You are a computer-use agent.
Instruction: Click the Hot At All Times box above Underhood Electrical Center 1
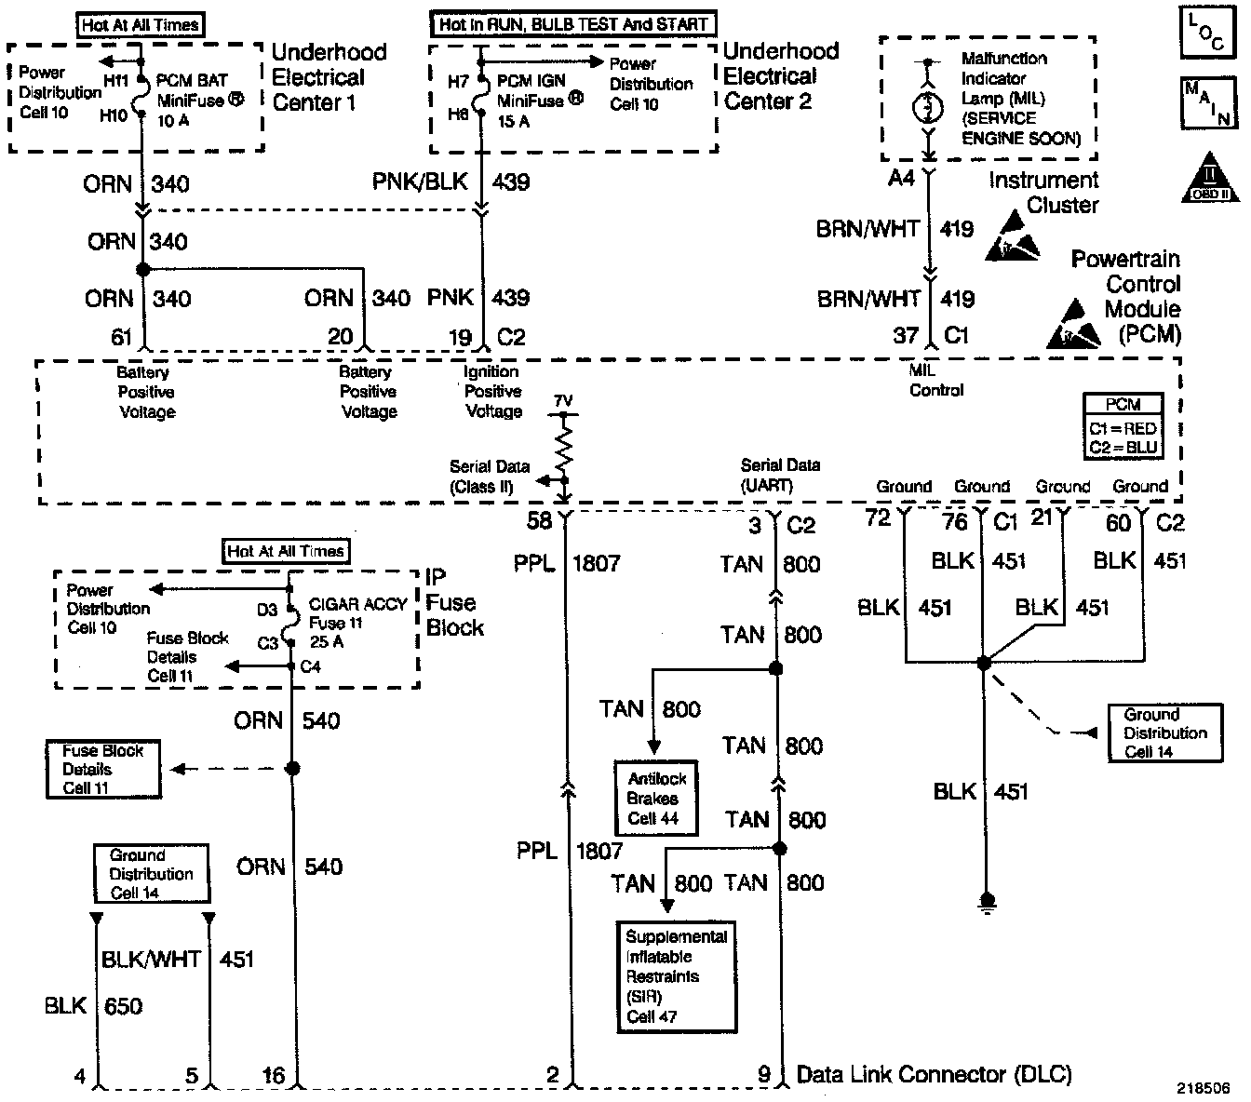[140, 25]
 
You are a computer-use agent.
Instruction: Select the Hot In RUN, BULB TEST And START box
[572, 24]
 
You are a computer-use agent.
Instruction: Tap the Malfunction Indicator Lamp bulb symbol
[927, 106]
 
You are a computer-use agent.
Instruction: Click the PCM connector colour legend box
[1123, 426]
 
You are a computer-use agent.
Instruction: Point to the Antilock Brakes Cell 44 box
[655, 799]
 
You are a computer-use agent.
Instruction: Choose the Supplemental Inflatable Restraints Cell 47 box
[675, 976]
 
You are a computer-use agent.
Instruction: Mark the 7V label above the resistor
[563, 401]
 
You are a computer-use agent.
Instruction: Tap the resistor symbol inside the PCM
[564, 445]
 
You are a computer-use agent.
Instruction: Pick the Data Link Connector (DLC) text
[934, 1074]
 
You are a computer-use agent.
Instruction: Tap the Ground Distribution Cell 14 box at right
[1164, 732]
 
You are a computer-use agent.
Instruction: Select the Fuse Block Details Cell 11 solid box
[102, 769]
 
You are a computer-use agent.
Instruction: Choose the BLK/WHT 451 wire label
[177, 959]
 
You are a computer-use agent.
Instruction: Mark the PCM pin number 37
[906, 335]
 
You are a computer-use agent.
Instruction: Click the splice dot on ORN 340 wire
[142, 269]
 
